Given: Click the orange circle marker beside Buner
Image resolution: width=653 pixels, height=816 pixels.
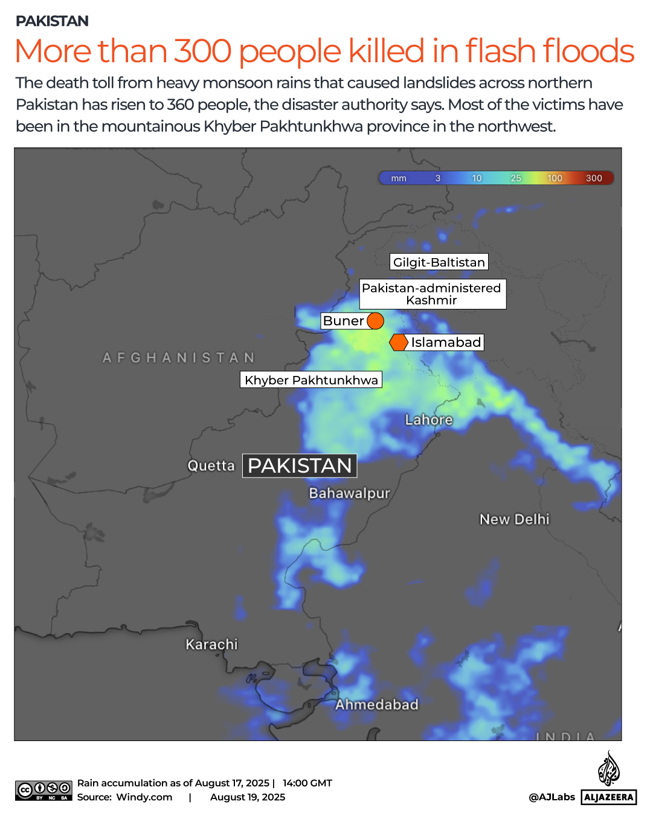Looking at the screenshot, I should (x=375, y=321).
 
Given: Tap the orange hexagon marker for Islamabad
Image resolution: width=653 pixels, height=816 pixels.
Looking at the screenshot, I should (x=399, y=343).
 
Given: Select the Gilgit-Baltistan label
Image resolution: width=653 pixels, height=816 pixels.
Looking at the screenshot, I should (x=439, y=262).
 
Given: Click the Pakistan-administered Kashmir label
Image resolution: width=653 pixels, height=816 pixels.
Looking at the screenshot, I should (x=432, y=294).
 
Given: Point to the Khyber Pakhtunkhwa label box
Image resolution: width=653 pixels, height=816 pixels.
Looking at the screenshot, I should (x=311, y=380).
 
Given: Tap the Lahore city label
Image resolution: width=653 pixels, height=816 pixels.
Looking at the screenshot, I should (x=429, y=419).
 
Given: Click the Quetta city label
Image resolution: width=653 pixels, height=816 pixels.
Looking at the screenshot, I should (x=211, y=466).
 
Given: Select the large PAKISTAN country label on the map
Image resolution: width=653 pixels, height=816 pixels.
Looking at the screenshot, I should (x=300, y=466).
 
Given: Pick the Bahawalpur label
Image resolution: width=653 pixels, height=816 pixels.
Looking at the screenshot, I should (x=350, y=493).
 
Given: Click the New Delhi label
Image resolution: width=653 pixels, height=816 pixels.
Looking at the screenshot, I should (x=515, y=519).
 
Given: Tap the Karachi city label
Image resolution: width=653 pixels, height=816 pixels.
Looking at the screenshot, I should (x=211, y=644).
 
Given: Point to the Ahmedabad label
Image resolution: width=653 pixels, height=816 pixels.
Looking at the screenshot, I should (x=377, y=705).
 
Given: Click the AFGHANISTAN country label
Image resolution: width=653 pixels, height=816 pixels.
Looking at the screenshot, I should (x=179, y=358).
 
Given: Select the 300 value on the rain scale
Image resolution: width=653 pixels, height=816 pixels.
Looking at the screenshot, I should (x=594, y=178).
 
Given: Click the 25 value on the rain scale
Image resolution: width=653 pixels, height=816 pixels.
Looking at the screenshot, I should (x=516, y=178).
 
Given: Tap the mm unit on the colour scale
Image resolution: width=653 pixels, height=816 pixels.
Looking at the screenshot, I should (x=399, y=178).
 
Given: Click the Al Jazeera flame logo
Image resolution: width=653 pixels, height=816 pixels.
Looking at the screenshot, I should (x=609, y=768).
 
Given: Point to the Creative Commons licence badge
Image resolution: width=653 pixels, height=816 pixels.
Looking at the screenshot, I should (x=43, y=791).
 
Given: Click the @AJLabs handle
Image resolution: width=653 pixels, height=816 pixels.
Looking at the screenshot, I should (x=552, y=797).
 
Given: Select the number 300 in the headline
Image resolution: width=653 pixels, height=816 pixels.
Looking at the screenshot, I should (x=203, y=51).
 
